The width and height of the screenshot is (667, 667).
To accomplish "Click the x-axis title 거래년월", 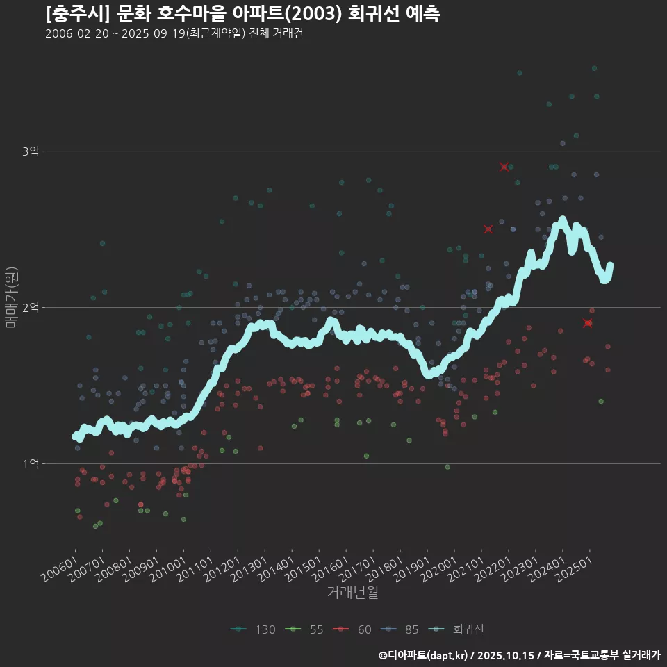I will coord(353,593).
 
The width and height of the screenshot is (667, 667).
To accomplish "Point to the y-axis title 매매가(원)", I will coord(12,297).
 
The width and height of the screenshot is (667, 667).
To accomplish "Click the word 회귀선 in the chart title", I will coord(374,14).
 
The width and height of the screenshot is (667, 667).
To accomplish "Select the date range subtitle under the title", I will coord(174,34).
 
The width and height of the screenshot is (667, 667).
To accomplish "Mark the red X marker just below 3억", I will coord(504,167).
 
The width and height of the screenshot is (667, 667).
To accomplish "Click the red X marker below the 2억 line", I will coord(588,323).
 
